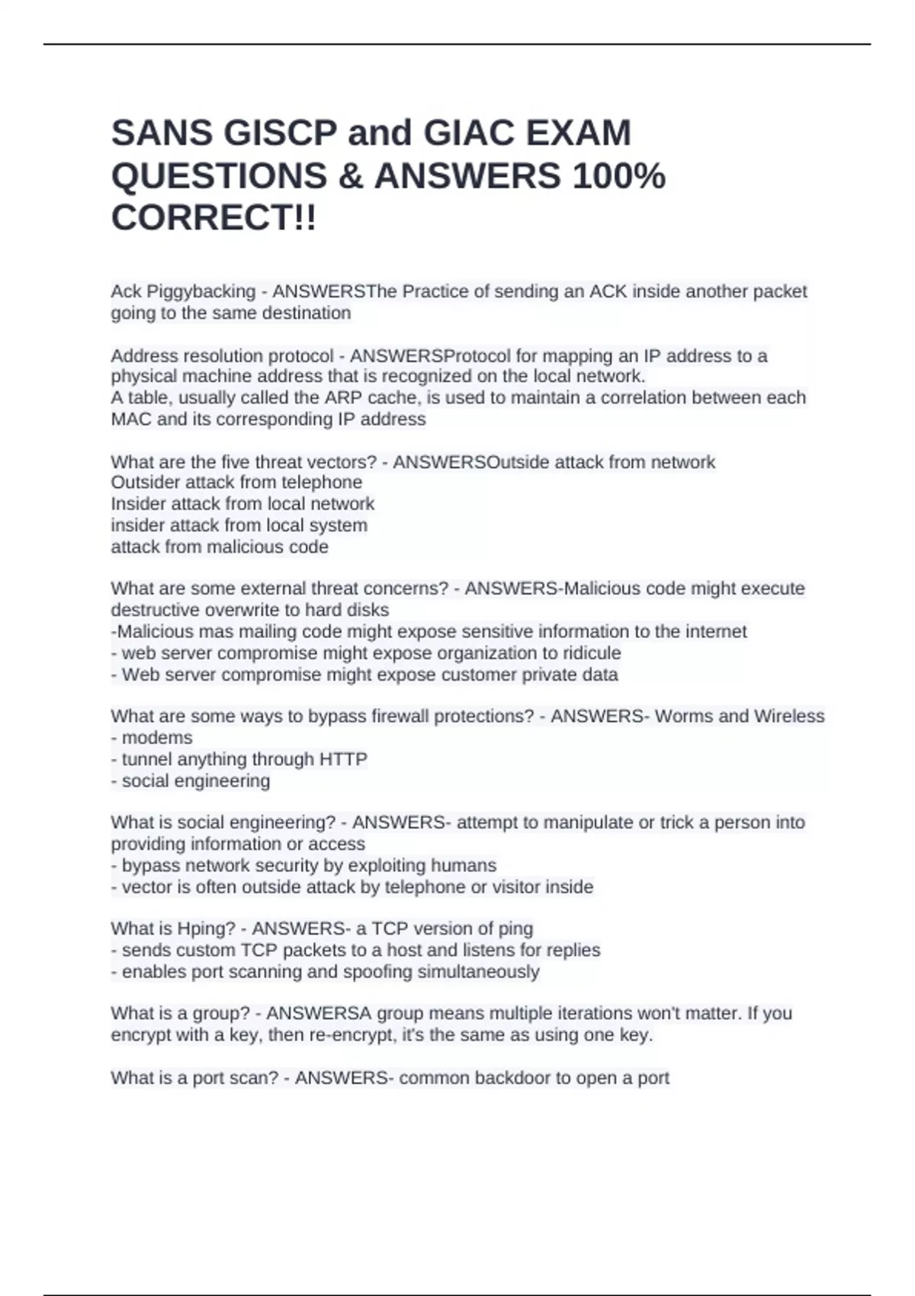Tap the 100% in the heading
[x=618, y=176]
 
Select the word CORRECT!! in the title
[x=213, y=218]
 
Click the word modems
[x=157, y=738]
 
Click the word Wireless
[x=789, y=717]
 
